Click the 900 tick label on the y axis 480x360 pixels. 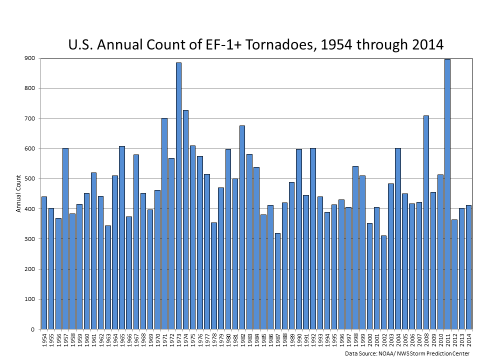tap(29, 58)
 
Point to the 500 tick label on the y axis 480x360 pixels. tap(29, 178)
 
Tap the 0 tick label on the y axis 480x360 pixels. tap(32, 329)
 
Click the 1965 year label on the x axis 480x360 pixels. tap(122, 341)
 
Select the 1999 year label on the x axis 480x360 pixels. tap(362, 341)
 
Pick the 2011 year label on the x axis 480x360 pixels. tap(447, 341)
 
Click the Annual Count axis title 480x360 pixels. tap(18, 193)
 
